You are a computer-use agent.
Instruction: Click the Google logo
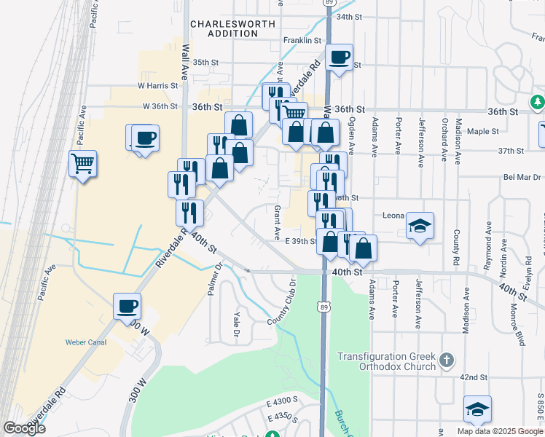[x=24, y=428]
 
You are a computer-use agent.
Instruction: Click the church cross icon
[x=447, y=360]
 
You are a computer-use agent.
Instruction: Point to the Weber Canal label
[x=85, y=342]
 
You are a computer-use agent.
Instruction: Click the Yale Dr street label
[x=235, y=324]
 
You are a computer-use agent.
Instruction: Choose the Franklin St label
[x=302, y=41]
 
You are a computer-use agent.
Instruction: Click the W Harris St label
[x=157, y=86]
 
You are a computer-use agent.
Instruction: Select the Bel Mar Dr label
[x=522, y=177]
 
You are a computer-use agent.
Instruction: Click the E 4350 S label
[x=284, y=417]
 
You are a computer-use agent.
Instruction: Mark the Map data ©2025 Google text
[x=499, y=431]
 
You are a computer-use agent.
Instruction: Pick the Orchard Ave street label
[x=444, y=137]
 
